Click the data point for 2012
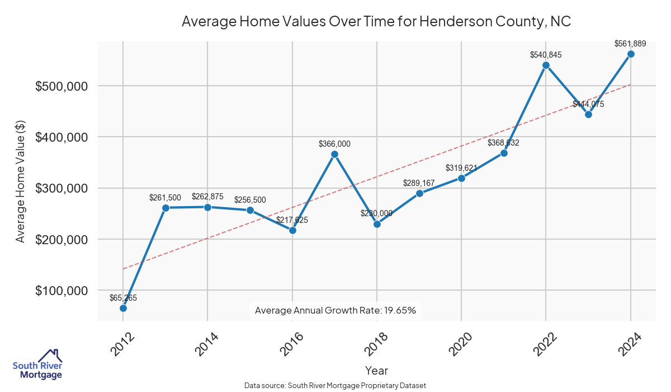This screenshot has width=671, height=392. pos(123,308)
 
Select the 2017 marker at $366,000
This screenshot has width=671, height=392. pos(334,154)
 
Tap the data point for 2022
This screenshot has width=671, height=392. pos(546,65)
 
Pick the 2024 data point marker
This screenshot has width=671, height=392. pos(631,54)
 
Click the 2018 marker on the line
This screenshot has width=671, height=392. pos(377,224)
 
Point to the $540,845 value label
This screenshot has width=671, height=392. pos(546,55)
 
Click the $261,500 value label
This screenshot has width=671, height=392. pos(165,198)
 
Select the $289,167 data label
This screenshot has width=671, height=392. pos(419,183)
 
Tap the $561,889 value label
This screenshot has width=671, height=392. pos(630,44)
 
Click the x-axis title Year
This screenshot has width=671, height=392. pos(376,370)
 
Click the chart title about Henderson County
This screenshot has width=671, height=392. pos(376,22)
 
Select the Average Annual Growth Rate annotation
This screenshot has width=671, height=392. pos(335,310)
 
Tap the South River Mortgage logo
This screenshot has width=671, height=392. pos(37,365)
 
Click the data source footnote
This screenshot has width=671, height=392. pos(335,385)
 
